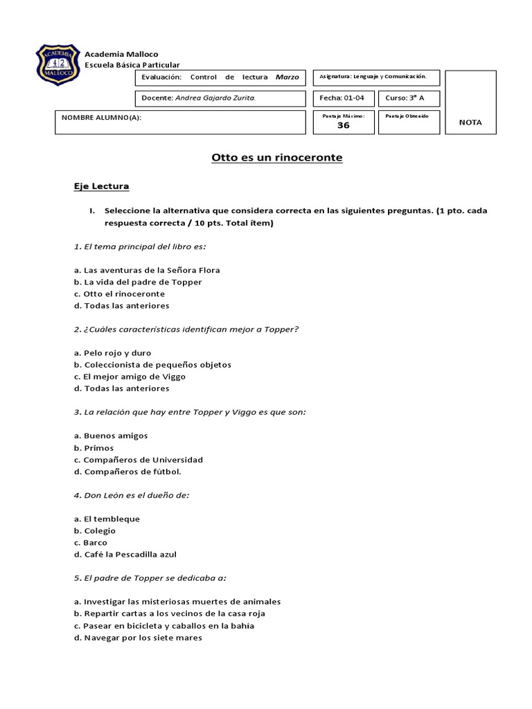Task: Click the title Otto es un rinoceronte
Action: click(x=276, y=158)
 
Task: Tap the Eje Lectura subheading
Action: click(x=101, y=186)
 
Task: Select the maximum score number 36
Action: click(x=343, y=126)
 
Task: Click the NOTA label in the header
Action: click(x=470, y=123)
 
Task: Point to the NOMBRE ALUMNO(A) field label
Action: click(x=101, y=118)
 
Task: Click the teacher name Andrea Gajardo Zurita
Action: click(x=215, y=98)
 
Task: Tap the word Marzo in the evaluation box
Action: click(x=287, y=78)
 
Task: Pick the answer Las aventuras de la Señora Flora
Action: click(x=151, y=270)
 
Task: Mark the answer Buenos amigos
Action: click(x=115, y=436)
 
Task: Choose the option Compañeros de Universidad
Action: click(x=143, y=460)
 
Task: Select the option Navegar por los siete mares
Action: click(x=142, y=638)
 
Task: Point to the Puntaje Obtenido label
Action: click(x=407, y=116)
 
